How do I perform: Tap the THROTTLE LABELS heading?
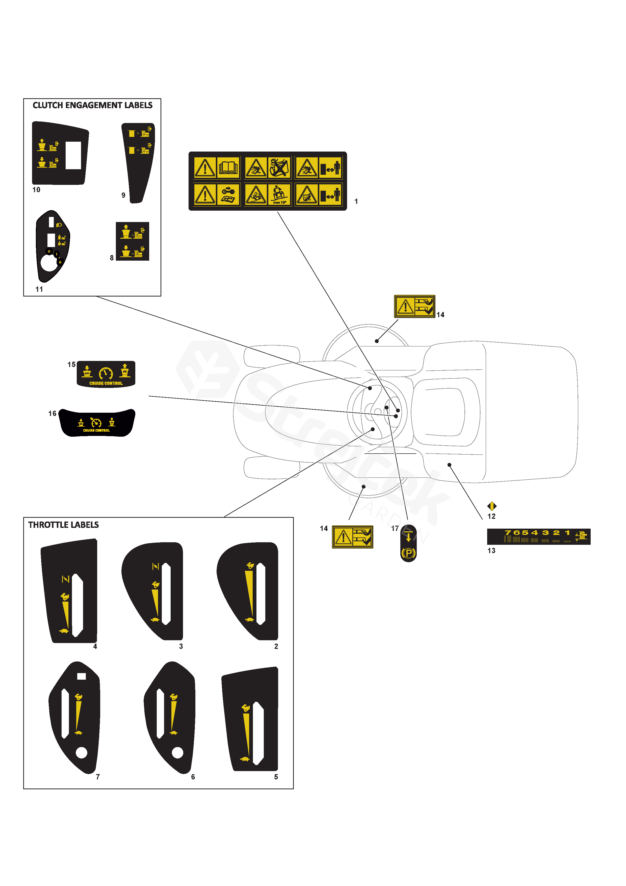[63, 525]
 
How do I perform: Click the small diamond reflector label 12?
[492, 506]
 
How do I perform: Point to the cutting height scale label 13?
[538, 536]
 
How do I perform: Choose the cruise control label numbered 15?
[106, 374]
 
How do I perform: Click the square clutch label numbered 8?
[132, 241]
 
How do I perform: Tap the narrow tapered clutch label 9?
[138, 162]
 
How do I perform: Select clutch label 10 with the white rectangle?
[60, 154]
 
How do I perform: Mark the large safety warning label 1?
[268, 181]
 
